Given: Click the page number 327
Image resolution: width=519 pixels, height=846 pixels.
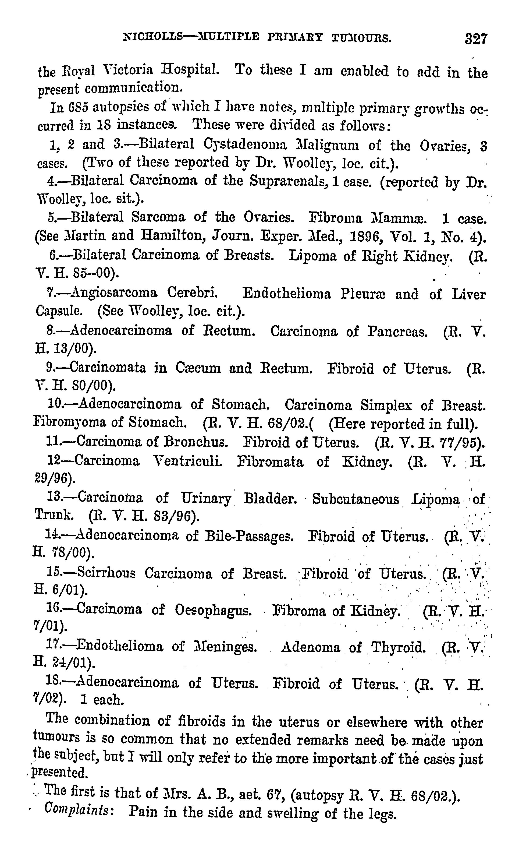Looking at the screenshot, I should click(x=476, y=39).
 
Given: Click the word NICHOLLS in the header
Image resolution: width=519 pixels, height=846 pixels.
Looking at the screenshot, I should click(x=153, y=37).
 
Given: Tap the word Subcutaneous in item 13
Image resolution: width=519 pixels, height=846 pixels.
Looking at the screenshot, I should click(x=356, y=499).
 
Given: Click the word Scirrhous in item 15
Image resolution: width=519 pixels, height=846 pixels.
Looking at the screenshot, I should click(x=106, y=573).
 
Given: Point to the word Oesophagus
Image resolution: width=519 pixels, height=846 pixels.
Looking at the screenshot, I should click(x=213, y=610).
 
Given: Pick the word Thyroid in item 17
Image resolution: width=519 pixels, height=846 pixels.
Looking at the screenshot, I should click(x=398, y=647).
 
